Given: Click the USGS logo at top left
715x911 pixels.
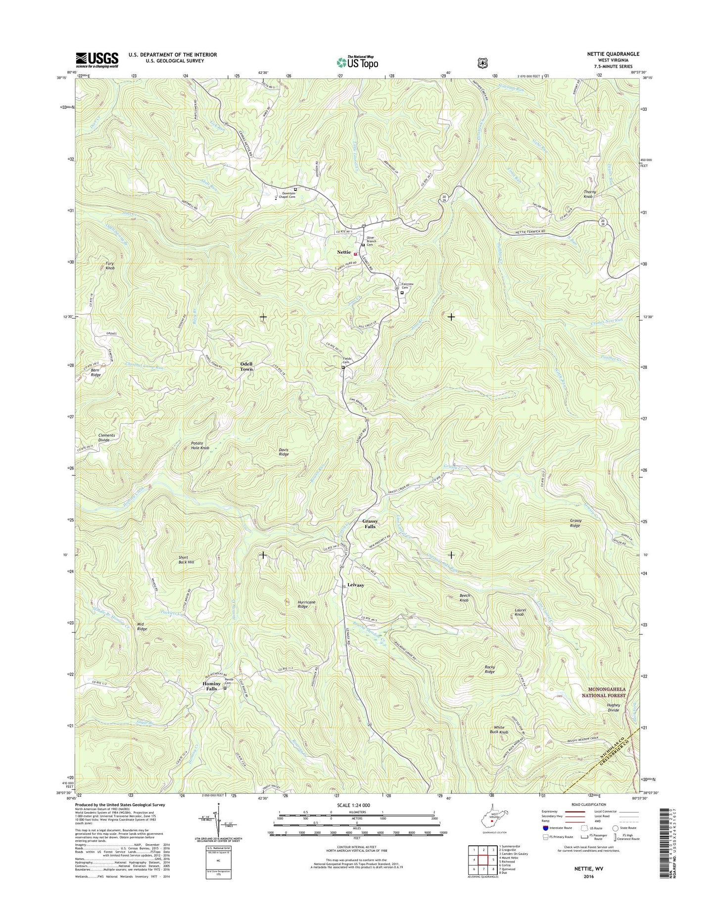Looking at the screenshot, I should [x=97, y=60].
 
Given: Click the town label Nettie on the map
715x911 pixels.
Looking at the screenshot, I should [x=344, y=252].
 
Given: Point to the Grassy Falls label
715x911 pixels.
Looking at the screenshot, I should [x=370, y=524].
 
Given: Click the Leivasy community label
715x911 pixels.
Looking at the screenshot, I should [x=355, y=585].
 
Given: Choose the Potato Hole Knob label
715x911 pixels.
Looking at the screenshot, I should [x=200, y=445].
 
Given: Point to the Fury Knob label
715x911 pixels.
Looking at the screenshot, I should [x=110, y=266].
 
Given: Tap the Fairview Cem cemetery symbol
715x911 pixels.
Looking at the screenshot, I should [x=402, y=292].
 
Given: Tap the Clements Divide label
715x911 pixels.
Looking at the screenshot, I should [x=106, y=438].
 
